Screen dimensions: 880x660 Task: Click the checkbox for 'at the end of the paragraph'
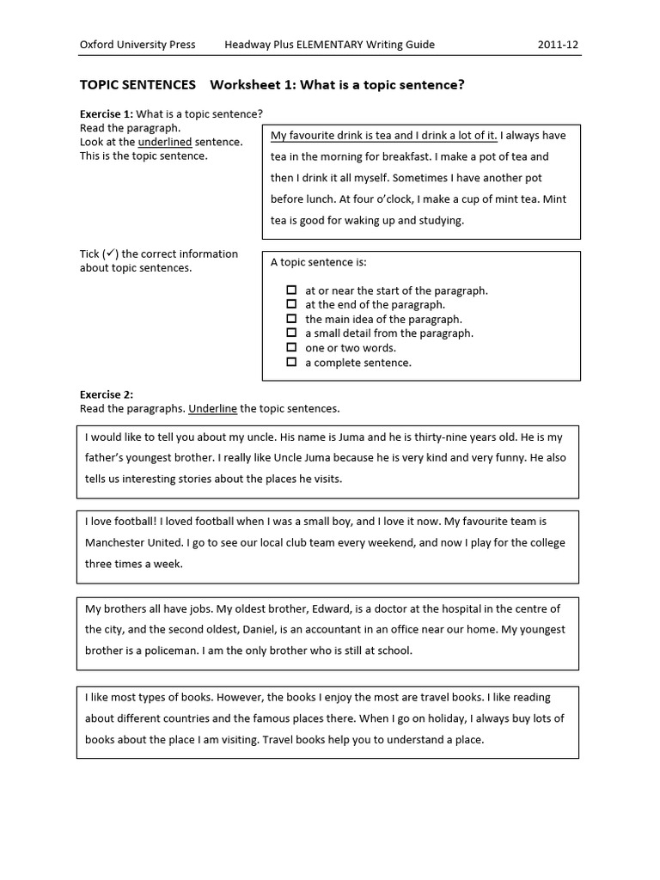coord(291,304)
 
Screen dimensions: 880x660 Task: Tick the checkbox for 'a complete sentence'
coord(291,363)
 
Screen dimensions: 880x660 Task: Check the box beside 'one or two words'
coord(291,348)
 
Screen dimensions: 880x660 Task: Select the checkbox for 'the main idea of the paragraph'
coord(291,319)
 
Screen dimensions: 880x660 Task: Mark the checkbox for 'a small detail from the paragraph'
coord(291,333)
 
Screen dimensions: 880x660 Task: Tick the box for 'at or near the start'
coord(291,290)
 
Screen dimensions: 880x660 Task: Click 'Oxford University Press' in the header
coord(137,45)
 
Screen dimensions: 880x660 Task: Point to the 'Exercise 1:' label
coord(106,114)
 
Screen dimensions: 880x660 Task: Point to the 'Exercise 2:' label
coord(106,394)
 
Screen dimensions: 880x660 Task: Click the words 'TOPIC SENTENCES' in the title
coord(137,85)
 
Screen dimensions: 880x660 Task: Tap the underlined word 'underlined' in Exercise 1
coord(165,142)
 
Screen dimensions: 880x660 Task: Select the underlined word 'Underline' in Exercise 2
coord(212,408)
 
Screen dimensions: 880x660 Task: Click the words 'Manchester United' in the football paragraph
coord(135,543)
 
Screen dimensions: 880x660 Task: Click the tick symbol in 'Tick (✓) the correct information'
coord(110,254)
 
